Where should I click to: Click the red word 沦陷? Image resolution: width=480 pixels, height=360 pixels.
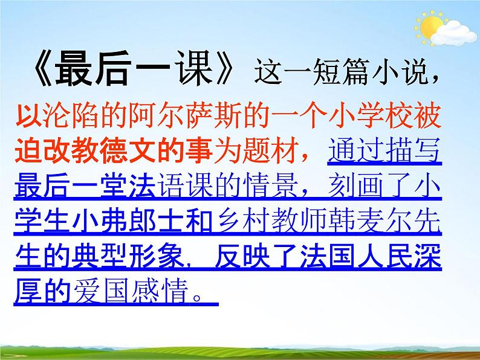(65, 116)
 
